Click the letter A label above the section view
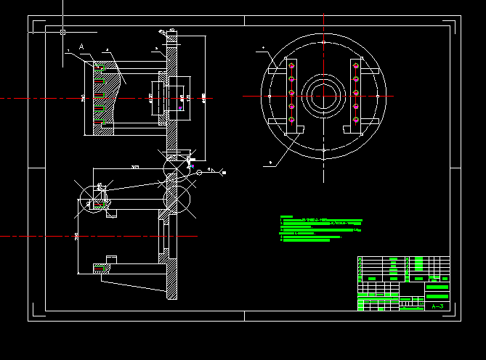[x=82, y=46]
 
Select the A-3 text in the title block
[x=437, y=307]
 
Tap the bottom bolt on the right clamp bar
[x=356, y=120]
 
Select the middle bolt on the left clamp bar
[x=291, y=93]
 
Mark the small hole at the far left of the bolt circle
[x=270, y=96]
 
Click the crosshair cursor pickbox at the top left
[x=63, y=32]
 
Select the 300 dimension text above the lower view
[x=135, y=167]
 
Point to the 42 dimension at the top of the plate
[x=172, y=30]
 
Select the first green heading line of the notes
[x=286, y=216]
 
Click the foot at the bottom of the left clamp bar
[x=297, y=129]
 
